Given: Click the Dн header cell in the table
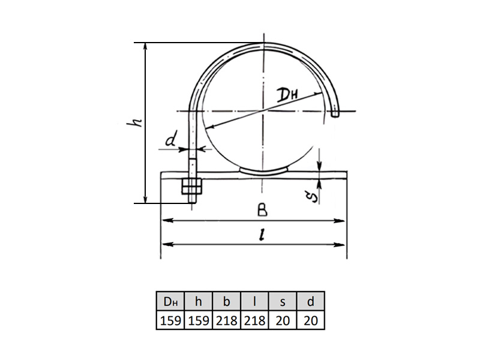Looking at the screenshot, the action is pyautogui.click(x=170, y=302).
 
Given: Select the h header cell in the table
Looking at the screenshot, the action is pyautogui.click(x=199, y=302).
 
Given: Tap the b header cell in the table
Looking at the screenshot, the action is pyautogui.click(x=227, y=302).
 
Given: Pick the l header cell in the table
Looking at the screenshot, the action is pyautogui.click(x=254, y=302).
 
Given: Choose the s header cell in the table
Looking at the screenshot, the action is pyautogui.click(x=283, y=302).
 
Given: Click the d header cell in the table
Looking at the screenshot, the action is pyautogui.click(x=310, y=302).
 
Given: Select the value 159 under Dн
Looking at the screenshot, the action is pyautogui.click(x=170, y=320).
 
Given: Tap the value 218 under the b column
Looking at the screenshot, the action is pyautogui.click(x=227, y=320).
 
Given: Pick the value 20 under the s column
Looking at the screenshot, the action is pyautogui.click(x=283, y=320).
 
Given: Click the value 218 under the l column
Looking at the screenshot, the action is pyautogui.click(x=254, y=320).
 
